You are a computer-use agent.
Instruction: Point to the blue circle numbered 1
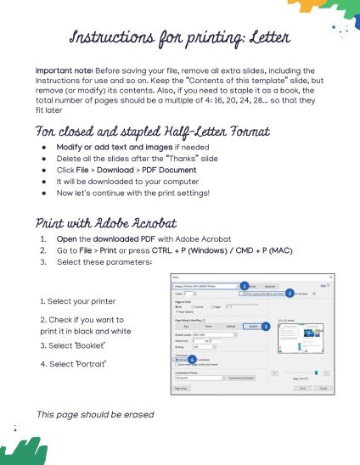[244, 286]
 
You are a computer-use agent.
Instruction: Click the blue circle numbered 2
[290, 293]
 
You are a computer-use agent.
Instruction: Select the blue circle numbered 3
[265, 326]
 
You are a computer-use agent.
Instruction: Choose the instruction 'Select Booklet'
[75, 346]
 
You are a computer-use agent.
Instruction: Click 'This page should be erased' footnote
[94, 413]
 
